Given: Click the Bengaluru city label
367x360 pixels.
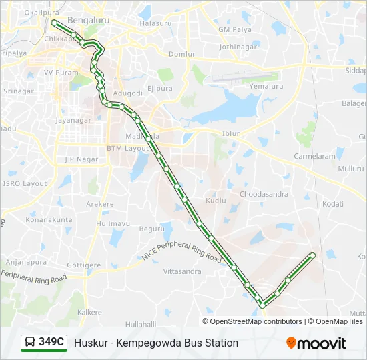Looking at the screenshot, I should (88, 21).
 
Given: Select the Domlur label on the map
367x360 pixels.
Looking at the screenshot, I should (182, 54).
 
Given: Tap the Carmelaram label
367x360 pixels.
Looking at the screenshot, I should (314, 156).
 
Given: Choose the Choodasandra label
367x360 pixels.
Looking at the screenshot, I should (264, 195).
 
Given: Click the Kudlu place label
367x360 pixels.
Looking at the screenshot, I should (216, 200).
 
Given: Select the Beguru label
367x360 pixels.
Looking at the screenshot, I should (151, 229).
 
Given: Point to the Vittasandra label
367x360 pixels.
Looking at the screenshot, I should (182, 272).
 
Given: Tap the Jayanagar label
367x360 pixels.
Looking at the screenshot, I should (73, 121).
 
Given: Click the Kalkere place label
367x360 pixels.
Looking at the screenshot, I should (89, 312).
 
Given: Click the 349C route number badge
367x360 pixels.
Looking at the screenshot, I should (45, 343).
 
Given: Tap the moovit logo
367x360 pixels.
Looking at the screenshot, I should (316, 343).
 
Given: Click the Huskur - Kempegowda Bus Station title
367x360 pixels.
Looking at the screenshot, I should (156, 343).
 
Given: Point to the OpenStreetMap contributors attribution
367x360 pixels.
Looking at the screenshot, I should (256, 321).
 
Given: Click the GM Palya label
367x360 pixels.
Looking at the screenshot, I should (234, 30).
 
